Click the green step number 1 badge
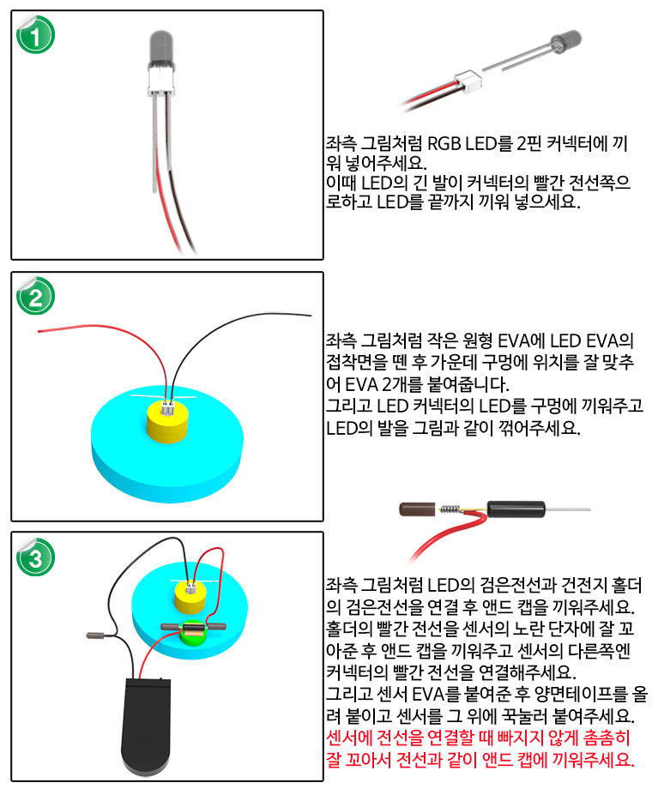[x=35, y=34]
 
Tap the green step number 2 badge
[x=35, y=296]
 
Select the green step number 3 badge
[x=35, y=557]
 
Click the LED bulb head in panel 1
[x=160, y=50]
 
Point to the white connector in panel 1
[x=160, y=83]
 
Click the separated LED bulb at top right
[x=565, y=40]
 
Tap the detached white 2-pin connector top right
[x=468, y=81]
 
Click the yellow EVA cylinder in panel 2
[x=167, y=422]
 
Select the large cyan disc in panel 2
[x=167, y=445]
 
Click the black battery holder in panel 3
[x=146, y=726]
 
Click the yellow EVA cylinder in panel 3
[x=190, y=597]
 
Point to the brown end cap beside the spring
[x=417, y=509]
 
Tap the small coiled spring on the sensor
[x=450, y=509]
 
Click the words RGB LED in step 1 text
[x=462, y=143]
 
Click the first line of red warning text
[x=478, y=738]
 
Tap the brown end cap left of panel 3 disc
[x=95, y=635]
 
